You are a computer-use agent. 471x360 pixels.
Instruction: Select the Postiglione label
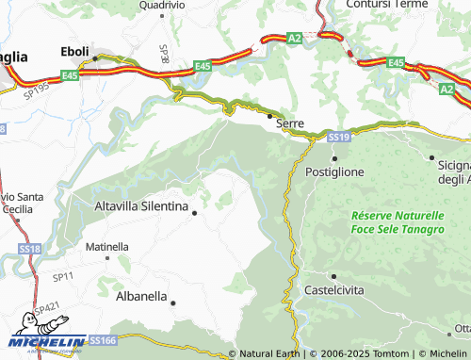[335, 172]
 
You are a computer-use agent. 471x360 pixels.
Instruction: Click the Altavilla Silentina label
[142, 205]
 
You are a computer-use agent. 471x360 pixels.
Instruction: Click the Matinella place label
[107, 247]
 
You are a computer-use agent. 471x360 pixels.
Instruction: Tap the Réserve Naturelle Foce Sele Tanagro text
[397, 222]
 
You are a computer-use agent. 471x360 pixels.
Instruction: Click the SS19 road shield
[340, 138]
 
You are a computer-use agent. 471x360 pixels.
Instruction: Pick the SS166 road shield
[102, 339]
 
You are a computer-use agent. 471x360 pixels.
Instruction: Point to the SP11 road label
[63, 277]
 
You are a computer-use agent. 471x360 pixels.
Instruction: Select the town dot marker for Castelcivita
[333, 276]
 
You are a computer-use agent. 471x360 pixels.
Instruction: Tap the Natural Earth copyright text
[265, 353]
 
